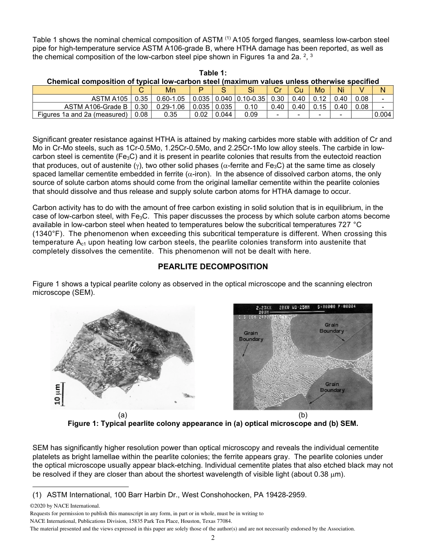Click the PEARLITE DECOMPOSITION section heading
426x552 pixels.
pos(213,267)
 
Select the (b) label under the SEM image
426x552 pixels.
pos(303,416)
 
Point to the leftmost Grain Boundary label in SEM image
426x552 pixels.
pos(251,336)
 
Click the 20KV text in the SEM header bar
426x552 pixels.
pos(285,308)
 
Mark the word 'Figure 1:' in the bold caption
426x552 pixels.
pos(83,424)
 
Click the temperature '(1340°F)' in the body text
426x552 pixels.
pos(49,234)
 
